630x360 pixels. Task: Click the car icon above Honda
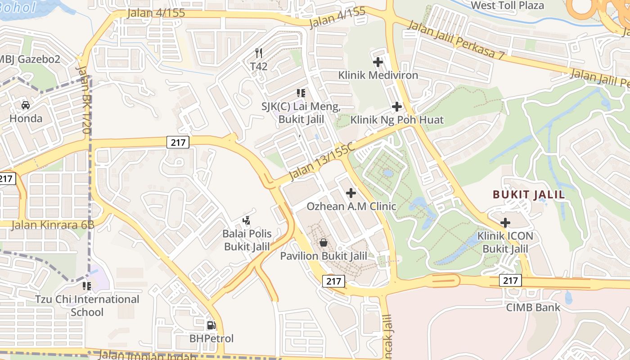(26, 105)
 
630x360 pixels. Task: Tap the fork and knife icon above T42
(259, 53)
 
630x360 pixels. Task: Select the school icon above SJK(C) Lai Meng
(301, 93)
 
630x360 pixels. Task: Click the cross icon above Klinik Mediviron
(378, 62)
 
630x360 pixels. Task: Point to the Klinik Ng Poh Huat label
(397, 120)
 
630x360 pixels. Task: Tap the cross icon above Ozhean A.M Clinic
(351, 193)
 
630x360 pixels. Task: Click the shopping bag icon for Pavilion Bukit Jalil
(323, 243)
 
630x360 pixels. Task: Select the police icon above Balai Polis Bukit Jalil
(247, 220)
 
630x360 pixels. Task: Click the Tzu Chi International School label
(87, 306)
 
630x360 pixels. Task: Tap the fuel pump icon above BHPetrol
(211, 325)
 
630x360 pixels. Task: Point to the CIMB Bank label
(533, 307)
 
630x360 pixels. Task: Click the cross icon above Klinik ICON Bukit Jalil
(505, 223)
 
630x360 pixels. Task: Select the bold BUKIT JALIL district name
(529, 194)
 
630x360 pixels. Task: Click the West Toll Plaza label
(507, 5)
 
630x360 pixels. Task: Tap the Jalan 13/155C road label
(322, 161)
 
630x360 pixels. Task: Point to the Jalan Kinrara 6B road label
(52, 225)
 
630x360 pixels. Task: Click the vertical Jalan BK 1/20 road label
(84, 99)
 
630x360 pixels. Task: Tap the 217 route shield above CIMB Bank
(510, 281)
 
